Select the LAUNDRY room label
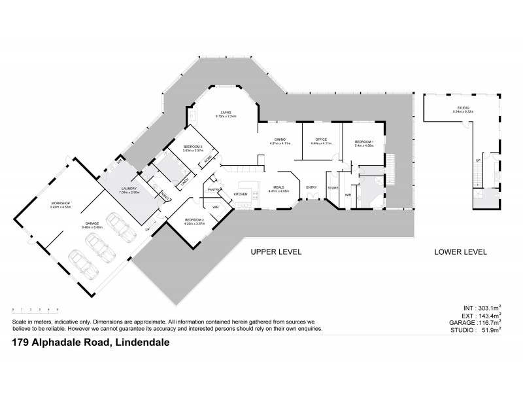click(127, 189)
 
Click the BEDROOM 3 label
click(193, 146)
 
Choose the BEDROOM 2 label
click(195, 219)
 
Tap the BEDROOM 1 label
click(364, 141)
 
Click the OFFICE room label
click(320, 140)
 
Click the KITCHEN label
click(241, 195)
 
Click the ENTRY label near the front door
click(311, 188)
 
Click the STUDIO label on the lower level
click(462, 107)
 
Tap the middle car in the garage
click(99, 248)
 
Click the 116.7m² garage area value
click(484, 324)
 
